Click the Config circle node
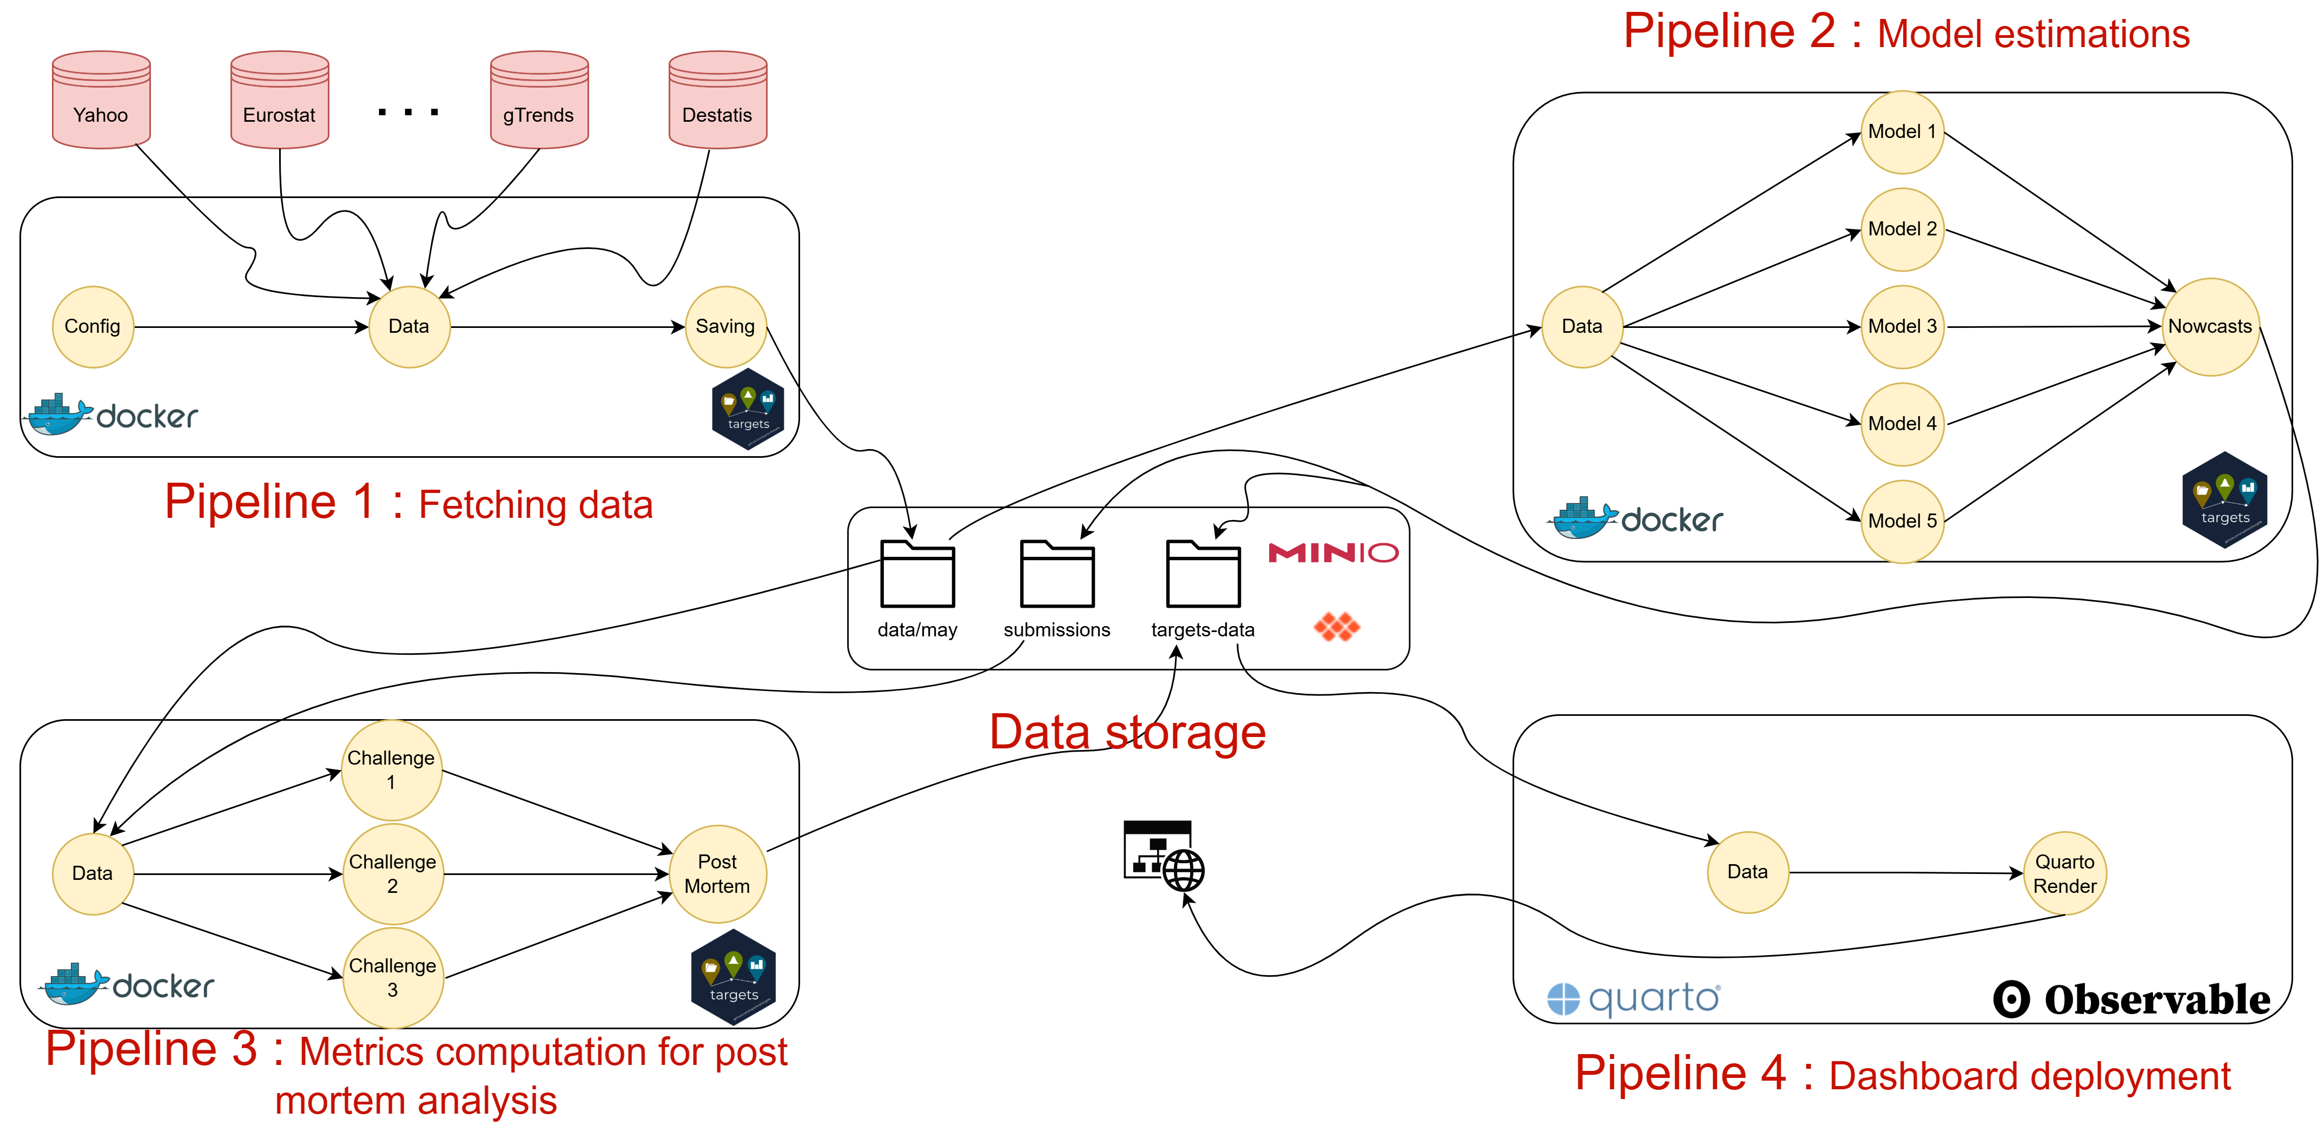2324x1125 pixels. pos(93,327)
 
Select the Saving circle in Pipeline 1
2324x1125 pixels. pos(725,327)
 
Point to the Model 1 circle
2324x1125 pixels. pos(1902,131)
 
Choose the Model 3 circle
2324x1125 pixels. pos(1902,327)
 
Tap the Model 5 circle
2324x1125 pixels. pos(1902,522)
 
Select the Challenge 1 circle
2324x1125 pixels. pos(392,769)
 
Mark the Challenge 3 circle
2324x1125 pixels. pos(392,977)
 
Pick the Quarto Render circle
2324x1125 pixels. pos(2064,873)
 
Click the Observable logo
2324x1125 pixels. pos(2131,999)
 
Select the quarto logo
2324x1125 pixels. pos(1634,999)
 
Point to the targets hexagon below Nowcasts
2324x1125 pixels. pos(2225,501)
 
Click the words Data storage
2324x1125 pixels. pos(1128,732)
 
